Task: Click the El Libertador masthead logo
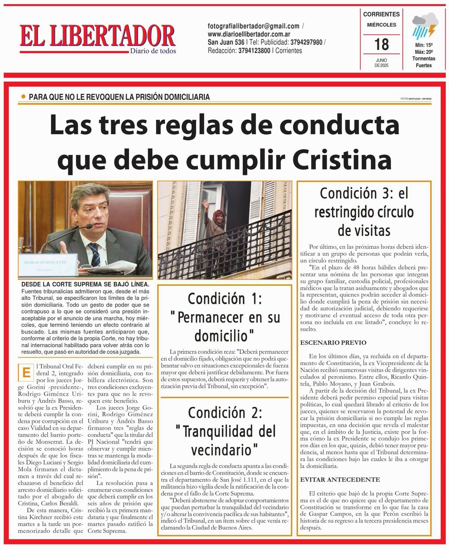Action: pyautogui.click(x=98, y=37)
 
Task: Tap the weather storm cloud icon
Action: pyautogui.click(x=424, y=25)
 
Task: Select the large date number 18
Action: pyautogui.click(x=381, y=45)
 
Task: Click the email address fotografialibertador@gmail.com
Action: pyautogui.click(x=253, y=26)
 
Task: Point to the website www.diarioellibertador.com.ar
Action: pyautogui.click(x=249, y=34)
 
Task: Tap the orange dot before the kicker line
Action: pyautogui.click(x=24, y=97)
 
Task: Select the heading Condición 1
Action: pyautogui.click(x=225, y=299)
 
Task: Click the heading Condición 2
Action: pyautogui.click(x=225, y=412)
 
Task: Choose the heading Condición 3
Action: pyautogui.click(x=364, y=193)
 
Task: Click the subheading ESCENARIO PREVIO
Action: pyautogui.click(x=333, y=343)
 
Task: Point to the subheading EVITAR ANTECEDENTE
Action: pyautogui.click(x=340, y=479)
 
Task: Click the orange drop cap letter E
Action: pyautogui.click(x=26, y=372)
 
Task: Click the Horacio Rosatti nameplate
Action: pyautogui.click(x=45, y=263)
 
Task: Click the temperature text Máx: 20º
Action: pyautogui.click(x=424, y=52)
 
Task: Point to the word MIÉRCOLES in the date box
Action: pyautogui.click(x=381, y=25)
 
